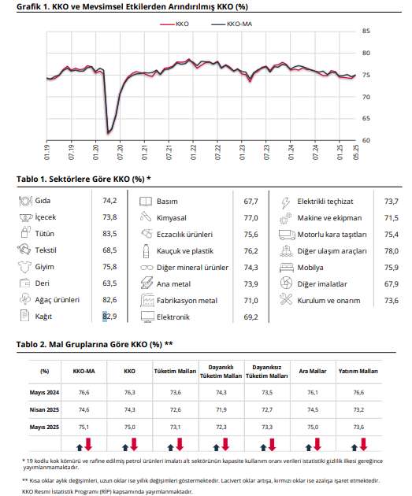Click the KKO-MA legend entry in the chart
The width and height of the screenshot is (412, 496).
pyautogui.click(x=232, y=24)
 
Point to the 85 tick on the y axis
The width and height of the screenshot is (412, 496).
pyautogui.click(x=366, y=31)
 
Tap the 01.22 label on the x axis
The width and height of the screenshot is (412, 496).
pyautogui.click(x=194, y=152)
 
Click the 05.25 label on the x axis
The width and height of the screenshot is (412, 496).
pyautogui.click(x=356, y=152)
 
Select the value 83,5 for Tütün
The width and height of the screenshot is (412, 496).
pyautogui.click(x=109, y=234)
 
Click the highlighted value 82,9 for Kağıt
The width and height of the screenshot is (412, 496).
pyautogui.click(x=109, y=316)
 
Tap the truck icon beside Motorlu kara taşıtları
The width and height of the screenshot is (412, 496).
pyautogui.click(x=287, y=235)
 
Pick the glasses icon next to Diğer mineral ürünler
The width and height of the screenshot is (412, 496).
pyautogui.click(x=147, y=268)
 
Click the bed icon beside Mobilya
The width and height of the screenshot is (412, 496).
pyautogui.click(x=287, y=268)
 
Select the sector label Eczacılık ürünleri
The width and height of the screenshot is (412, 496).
pyautogui.click(x=184, y=235)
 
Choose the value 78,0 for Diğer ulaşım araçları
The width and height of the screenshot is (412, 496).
pyautogui.click(x=392, y=251)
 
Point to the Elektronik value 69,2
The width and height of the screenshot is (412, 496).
pyautogui.click(x=251, y=317)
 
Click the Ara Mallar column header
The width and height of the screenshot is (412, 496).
pyautogui.click(x=313, y=371)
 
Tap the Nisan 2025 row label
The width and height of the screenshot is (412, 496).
pyautogui.click(x=44, y=409)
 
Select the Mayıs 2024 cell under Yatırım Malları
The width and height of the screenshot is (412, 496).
pyautogui.click(x=358, y=392)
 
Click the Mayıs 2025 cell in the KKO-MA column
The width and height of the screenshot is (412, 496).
pyautogui.click(x=84, y=427)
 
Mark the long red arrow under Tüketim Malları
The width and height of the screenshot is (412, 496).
pyautogui.click(x=180, y=444)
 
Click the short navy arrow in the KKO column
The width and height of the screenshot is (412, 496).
pyautogui.click(x=125, y=447)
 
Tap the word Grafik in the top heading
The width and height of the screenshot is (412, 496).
pyautogui.click(x=28, y=6)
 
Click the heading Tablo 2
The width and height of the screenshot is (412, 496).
pyautogui.click(x=32, y=344)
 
